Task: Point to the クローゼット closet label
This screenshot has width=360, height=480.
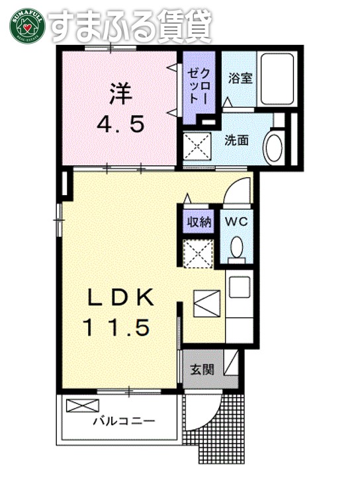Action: click(199, 85)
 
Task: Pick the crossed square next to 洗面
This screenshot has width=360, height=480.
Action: click(197, 145)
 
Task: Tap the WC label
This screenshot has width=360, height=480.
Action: click(236, 221)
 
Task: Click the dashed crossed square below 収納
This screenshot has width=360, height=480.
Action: click(197, 254)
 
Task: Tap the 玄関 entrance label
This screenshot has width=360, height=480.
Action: click(202, 370)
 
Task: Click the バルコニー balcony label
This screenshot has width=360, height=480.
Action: click(123, 420)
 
